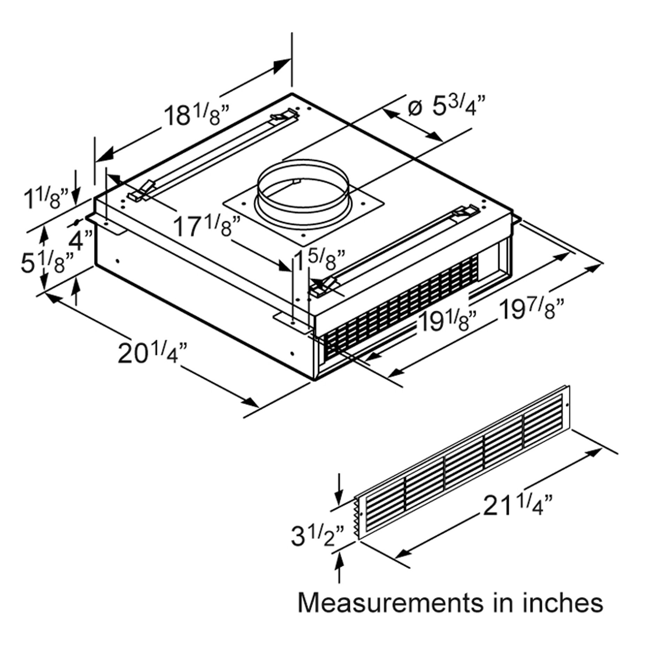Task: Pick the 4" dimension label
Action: click(81, 239)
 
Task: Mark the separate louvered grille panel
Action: click(463, 463)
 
